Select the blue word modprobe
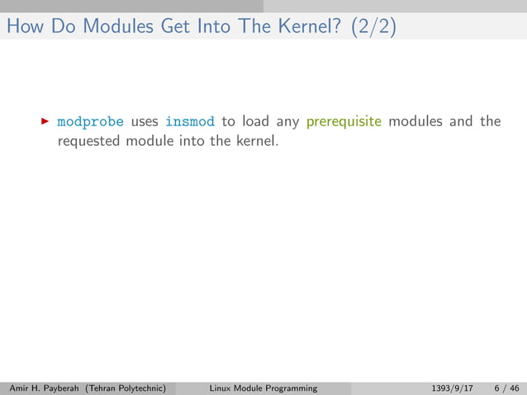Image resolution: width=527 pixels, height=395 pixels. (x=90, y=122)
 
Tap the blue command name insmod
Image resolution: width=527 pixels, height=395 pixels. (x=190, y=122)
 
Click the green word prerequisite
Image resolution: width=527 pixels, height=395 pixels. (x=344, y=122)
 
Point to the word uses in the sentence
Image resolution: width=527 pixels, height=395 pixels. (x=145, y=122)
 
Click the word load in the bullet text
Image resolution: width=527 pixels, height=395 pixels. (x=255, y=122)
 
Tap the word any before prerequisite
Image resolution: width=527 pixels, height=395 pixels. (x=287, y=122)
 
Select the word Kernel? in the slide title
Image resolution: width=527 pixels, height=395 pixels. (x=297, y=27)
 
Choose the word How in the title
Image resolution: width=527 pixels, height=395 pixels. (x=22, y=27)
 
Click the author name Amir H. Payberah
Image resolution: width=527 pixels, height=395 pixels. (x=38, y=388)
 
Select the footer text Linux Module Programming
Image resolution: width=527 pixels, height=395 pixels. (x=263, y=388)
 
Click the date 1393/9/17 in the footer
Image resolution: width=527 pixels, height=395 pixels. (x=453, y=388)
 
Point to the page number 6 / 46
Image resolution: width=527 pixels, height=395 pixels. (x=506, y=388)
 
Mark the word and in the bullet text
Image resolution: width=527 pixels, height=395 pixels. (x=461, y=122)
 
